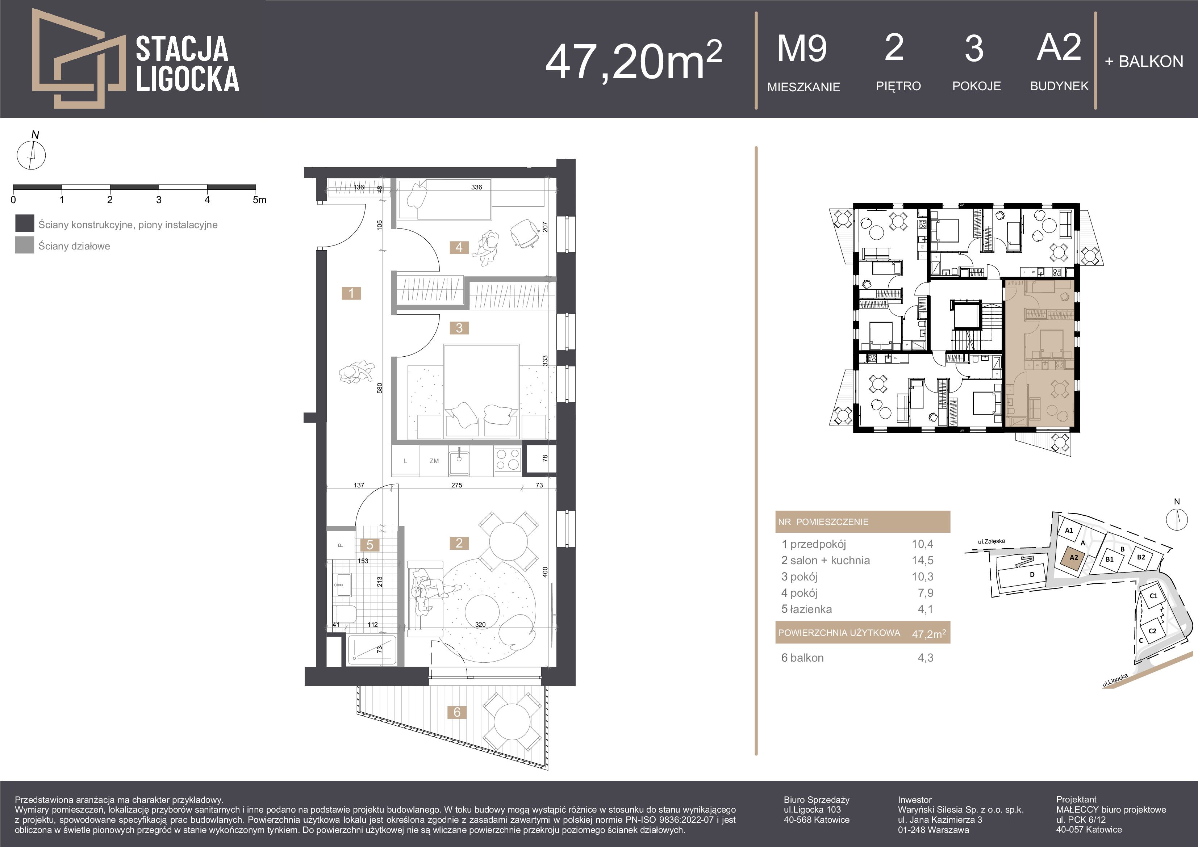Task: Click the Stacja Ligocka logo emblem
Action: coord(78,58)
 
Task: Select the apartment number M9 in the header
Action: coord(802,49)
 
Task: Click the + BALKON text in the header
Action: coord(1144,62)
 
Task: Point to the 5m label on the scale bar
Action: coord(259,200)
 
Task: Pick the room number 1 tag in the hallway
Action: coord(351,293)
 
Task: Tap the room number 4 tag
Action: coord(459,247)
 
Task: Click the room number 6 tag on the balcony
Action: coord(457,712)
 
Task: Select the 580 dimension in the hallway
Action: coord(380,388)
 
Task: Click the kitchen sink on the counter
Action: coord(459,461)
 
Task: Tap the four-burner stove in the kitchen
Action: coord(508,460)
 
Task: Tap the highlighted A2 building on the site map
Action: coord(1074,558)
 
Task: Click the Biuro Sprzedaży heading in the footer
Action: coord(817,800)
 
